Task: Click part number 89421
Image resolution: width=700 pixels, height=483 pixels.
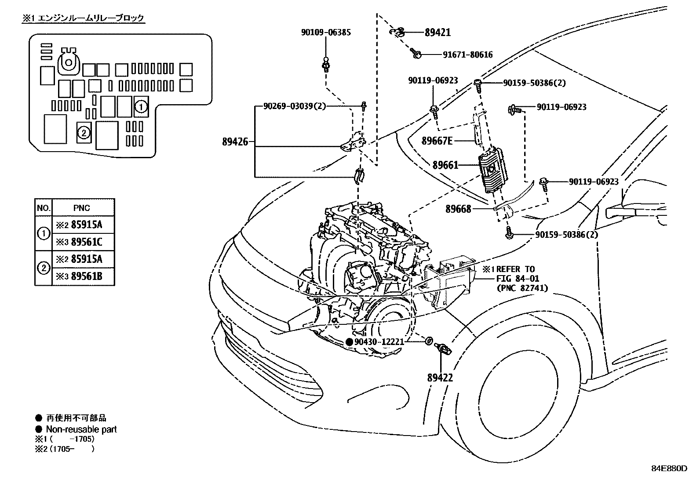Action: [437, 32]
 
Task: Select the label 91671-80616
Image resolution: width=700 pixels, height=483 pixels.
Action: [467, 54]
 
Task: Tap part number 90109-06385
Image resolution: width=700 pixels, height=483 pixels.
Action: [326, 32]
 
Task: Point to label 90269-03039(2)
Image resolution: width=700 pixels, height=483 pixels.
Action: [295, 106]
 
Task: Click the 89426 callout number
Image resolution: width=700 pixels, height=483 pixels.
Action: [235, 142]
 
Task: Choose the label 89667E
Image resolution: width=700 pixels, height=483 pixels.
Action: [437, 141]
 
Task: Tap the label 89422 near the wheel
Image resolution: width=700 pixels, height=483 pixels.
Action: [440, 378]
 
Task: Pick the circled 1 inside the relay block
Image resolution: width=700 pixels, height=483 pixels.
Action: [140, 106]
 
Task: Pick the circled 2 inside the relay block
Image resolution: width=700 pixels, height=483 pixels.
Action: [84, 132]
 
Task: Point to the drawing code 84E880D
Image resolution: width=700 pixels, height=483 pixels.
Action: [669, 468]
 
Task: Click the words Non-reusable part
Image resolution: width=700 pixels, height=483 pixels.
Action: [81, 429]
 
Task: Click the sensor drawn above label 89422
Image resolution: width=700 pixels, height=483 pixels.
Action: [442, 349]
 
